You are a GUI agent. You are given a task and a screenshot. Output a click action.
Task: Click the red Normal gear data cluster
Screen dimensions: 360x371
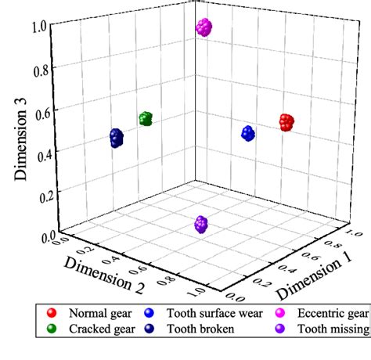pyautogui.click(x=287, y=121)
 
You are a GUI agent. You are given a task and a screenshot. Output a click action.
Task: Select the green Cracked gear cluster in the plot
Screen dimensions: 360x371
pyautogui.click(x=146, y=118)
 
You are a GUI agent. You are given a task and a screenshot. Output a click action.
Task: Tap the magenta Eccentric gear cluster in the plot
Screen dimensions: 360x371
pyautogui.click(x=204, y=27)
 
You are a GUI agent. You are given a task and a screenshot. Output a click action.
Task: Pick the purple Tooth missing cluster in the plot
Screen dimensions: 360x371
pyautogui.click(x=201, y=225)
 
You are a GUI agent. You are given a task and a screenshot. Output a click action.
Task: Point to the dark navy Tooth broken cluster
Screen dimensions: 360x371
pyautogui.click(x=117, y=139)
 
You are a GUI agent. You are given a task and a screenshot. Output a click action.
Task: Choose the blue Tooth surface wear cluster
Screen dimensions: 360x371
pyautogui.click(x=248, y=132)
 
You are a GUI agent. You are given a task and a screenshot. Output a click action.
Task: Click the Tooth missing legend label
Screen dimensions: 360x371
pyautogui.click(x=330, y=329)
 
